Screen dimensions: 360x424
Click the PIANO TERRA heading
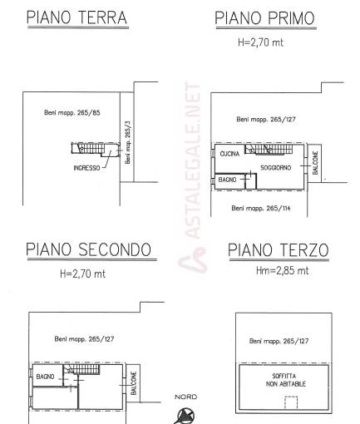(x=76, y=17)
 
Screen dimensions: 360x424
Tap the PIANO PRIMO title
(x=265, y=18)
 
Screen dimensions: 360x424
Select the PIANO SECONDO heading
(x=89, y=249)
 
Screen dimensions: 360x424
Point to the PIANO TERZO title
(x=279, y=250)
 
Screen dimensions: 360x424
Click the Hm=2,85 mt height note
(x=282, y=270)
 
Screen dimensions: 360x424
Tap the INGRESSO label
(x=86, y=168)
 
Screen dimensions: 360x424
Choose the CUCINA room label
(x=229, y=154)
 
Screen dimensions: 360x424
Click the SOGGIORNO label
(x=276, y=168)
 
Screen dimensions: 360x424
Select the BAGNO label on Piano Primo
(x=227, y=180)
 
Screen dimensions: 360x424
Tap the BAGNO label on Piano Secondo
(x=45, y=377)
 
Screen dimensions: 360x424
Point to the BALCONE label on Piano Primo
(x=315, y=163)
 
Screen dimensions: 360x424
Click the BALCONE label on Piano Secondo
(x=134, y=383)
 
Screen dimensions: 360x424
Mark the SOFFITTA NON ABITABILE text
(x=285, y=380)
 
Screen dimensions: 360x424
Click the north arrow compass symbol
(x=185, y=416)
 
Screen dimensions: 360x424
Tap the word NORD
(x=185, y=397)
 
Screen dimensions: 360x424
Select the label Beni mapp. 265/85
(x=72, y=112)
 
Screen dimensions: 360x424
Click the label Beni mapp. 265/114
(x=261, y=208)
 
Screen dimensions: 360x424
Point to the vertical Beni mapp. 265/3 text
(x=128, y=142)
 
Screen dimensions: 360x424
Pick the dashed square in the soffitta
(x=291, y=402)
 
